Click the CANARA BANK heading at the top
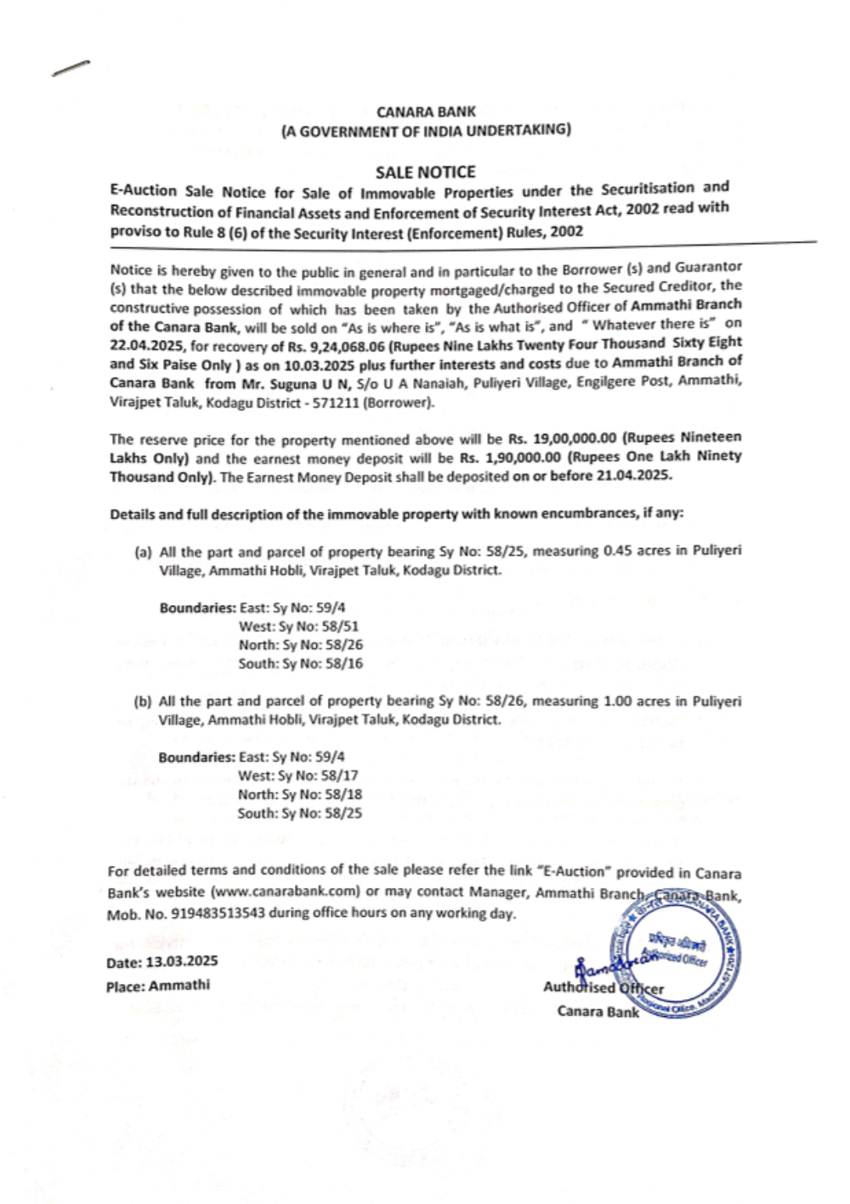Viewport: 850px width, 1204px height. point(426,111)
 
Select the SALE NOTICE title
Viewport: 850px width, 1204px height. point(425,172)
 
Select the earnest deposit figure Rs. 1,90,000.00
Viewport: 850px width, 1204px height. point(510,458)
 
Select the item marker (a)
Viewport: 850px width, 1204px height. point(143,552)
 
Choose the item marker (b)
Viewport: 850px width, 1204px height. point(143,702)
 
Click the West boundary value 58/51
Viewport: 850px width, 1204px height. point(341,626)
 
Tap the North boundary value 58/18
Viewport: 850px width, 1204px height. point(343,794)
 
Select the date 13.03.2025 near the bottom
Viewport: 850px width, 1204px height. point(182,961)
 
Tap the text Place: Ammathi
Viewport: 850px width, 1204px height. point(158,986)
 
